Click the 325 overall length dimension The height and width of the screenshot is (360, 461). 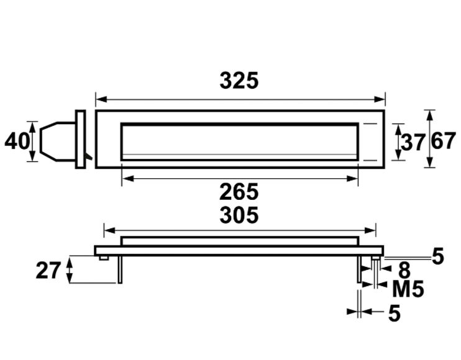(239, 81)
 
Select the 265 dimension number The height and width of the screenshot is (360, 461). (239, 192)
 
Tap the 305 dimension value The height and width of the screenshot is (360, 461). (239, 215)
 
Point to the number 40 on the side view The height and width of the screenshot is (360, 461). (17, 142)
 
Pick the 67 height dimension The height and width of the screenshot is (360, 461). (444, 142)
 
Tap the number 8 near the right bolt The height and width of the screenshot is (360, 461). (404, 270)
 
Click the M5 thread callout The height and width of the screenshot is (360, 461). (408, 289)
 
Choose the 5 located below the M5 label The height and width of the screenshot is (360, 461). (394, 314)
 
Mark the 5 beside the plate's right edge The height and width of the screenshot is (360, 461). (438, 256)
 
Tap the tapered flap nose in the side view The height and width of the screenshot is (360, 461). (50, 140)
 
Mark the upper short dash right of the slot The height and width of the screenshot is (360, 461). (370, 124)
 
